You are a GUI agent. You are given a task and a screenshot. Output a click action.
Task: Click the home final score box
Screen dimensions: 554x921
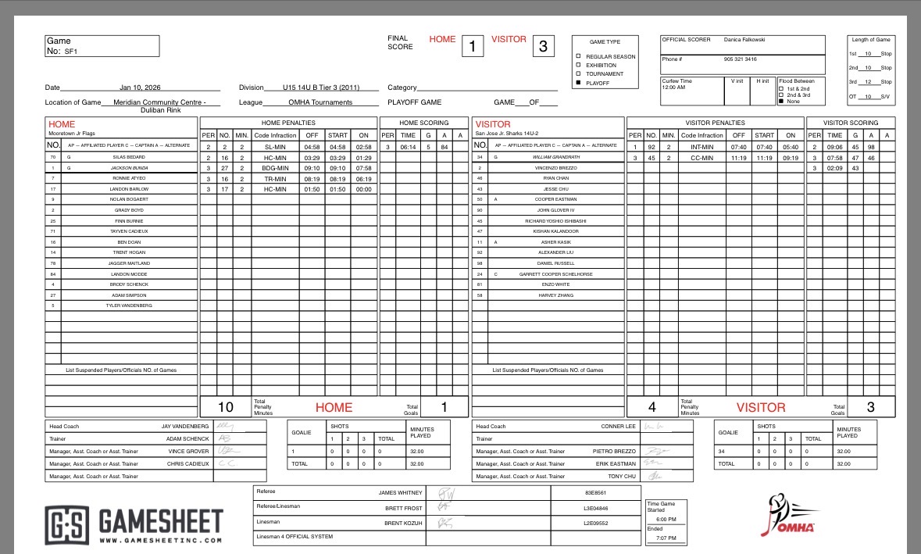(471, 46)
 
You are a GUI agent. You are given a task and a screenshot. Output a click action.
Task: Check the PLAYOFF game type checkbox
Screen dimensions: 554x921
(579, 83)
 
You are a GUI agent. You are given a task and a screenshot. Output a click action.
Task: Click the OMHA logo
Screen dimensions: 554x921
(788, 516)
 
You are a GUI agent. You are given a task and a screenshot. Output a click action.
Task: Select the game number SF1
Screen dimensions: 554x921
(70, 51)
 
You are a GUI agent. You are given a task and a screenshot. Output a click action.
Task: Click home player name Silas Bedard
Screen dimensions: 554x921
(130, 157)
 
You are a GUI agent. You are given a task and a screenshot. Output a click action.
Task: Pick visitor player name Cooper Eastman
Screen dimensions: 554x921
(556, 199)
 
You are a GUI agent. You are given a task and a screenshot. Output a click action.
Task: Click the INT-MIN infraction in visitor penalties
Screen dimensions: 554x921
(701, 147)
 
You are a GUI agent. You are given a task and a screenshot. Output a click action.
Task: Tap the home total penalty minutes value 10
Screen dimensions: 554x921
(225, 407)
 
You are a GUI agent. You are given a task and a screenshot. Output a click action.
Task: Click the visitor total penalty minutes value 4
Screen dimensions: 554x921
(652, 407)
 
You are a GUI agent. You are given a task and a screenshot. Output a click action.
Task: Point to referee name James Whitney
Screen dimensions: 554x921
(400, 493)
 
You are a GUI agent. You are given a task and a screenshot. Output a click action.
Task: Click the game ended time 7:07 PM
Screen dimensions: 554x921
(666, 538)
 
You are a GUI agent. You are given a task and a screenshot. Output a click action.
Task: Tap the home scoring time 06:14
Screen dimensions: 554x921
(408, 147)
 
